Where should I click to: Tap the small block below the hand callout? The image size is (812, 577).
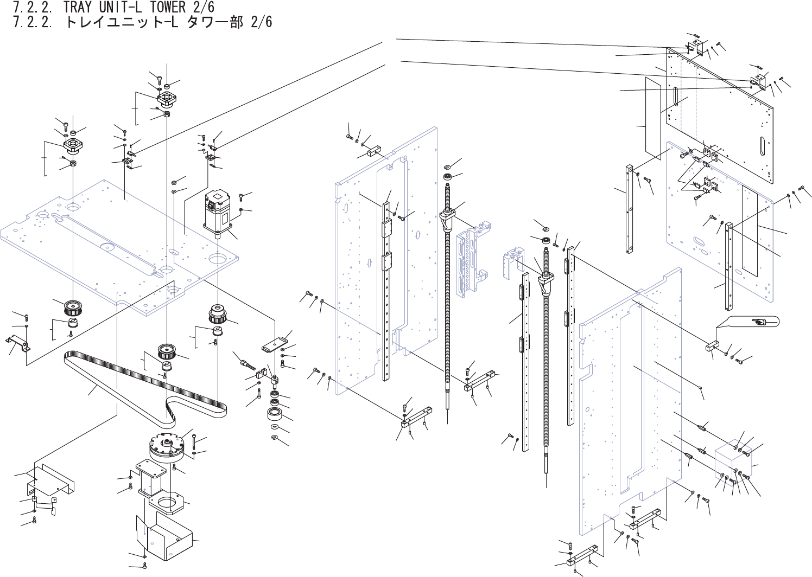(x=712, y=345)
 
